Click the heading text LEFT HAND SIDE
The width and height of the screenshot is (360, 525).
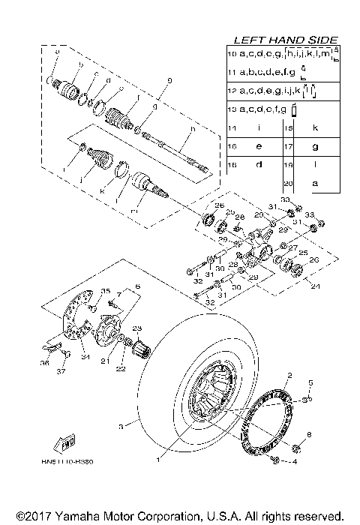coord(286,40)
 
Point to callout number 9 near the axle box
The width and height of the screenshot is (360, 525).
coord(169,80)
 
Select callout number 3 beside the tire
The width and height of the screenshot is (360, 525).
coord(121,426)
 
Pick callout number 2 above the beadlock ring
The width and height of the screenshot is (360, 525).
coord(288,374)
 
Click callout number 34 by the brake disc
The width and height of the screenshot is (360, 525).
coord(85,356)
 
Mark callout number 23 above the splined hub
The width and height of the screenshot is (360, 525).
coord(137,328)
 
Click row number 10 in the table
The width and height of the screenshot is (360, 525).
coord(232,55)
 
